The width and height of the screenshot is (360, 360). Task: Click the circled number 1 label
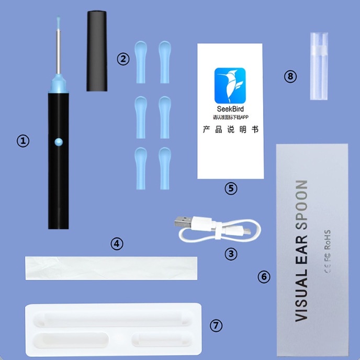pos(23,141)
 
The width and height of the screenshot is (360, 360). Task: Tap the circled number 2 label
pos(123,59)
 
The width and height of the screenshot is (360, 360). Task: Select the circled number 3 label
pos(231,254)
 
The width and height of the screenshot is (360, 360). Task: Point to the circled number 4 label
pos(117,243)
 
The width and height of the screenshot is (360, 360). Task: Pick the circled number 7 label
pos(216,325)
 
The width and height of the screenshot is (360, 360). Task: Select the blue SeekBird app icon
pos(230,86)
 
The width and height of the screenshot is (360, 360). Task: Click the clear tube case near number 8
pos(320,66)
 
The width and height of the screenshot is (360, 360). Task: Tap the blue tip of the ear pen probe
pos(58,22)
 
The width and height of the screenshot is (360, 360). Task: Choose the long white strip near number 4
pos(111,268)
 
